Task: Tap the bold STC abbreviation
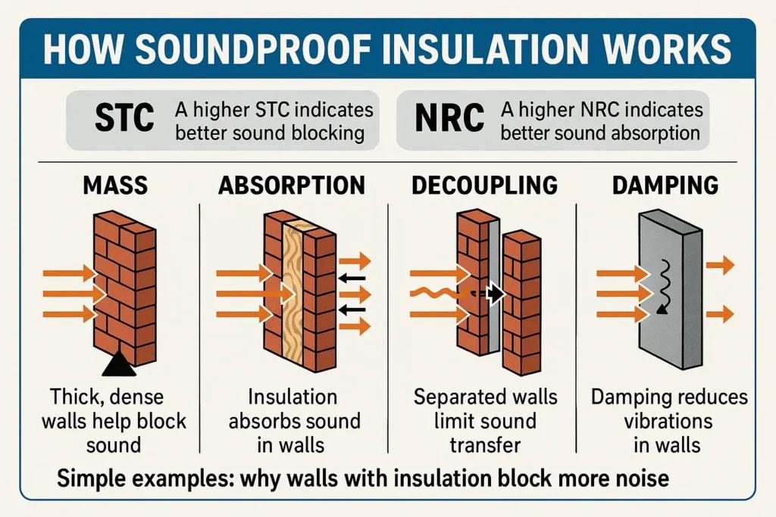point(124,117)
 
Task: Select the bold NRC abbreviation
point(449,117)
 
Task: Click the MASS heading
point(115,185)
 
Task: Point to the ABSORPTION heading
point(292,185)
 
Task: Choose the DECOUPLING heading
point(484,185)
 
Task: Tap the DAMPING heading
point(665,185)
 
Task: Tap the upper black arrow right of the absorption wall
point(352,279)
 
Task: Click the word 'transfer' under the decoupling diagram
point(486,445)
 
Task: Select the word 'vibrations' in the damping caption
point(668,421)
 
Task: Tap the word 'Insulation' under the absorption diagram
point(293,397)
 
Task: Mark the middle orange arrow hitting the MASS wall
point(75,294)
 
